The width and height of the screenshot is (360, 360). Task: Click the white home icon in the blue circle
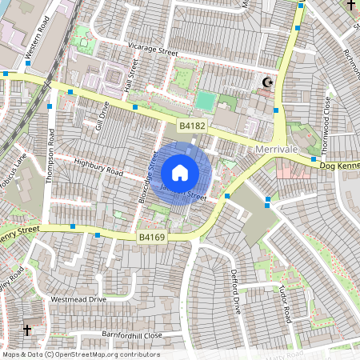pyautogui.click(x=180, y=172)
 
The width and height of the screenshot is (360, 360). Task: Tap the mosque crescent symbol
pyautogui.click(x=267, y=82)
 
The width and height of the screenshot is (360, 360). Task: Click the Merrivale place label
pyautogui.click(x=277, y=150)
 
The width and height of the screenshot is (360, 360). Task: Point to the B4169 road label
pyautogui.click(x=151, y=238)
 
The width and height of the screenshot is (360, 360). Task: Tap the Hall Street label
pyautogui.click(x=127, y=78)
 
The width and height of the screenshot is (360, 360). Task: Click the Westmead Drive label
pyautogui.click(x=78, y=298)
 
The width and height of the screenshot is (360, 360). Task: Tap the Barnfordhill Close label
pyautogui.click(x=132, y=334)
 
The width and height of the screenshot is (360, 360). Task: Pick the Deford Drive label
pyautogui.click(x=236, y=291)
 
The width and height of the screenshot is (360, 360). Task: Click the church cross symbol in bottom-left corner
pyautogui.click(x=27, y=330)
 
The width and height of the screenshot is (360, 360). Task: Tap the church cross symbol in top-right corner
pyautogui.click(x=350, y=6)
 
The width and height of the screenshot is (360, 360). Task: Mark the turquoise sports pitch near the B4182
pyautogui.click(x=206, y=102)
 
